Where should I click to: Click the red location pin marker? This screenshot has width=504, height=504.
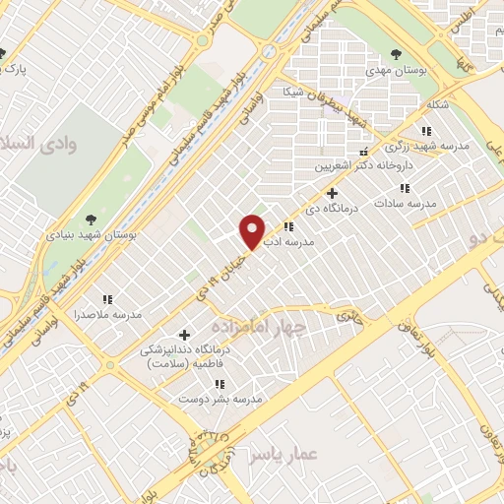[253, 230]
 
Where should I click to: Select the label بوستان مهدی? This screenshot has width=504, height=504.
[394, 70]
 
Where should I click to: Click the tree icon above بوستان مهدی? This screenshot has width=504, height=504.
[396, 54]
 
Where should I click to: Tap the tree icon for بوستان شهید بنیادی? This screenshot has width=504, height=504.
[92, 219]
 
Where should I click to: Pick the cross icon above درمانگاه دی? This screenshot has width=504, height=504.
[332, 193]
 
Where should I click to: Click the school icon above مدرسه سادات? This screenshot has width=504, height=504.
[403, 187]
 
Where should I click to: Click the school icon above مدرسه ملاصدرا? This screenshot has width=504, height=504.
[107, 298]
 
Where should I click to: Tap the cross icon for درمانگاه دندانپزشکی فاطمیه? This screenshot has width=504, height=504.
[184, 336]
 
